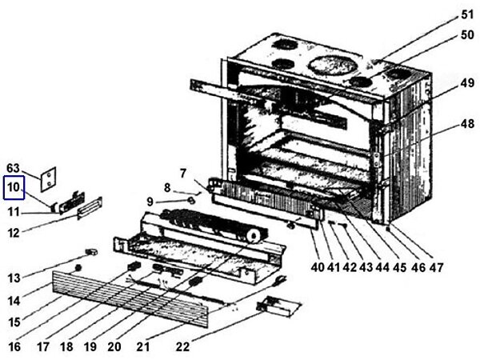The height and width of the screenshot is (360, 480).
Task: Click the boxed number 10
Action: point(14,189)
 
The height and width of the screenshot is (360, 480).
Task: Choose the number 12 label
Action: point(14,234)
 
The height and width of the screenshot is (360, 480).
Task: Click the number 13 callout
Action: point(14,278)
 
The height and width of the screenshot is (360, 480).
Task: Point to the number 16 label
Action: point(14,347)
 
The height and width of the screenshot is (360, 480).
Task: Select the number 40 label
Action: point(318,266)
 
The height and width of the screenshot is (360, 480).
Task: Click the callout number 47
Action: point(435,266)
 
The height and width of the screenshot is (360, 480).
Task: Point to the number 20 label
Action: point(114,347)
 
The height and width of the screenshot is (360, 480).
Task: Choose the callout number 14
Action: point(14,301)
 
